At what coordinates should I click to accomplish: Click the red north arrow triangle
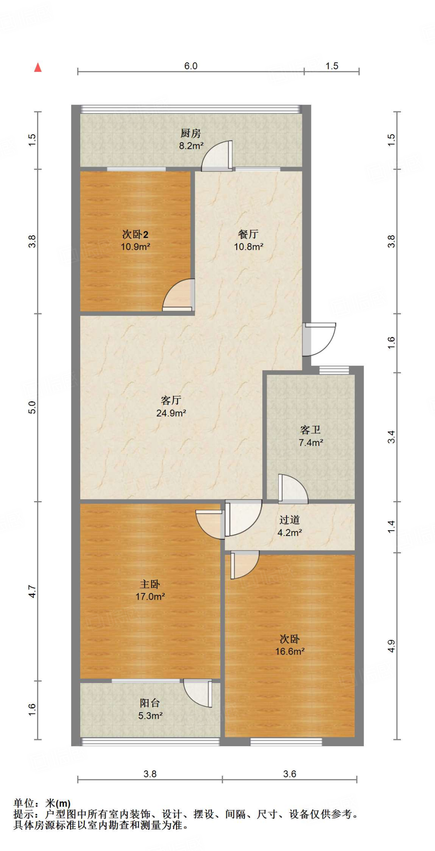pos(38,67)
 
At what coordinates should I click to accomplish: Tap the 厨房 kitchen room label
pos(190,133)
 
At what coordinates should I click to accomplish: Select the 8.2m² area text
pos(191,146)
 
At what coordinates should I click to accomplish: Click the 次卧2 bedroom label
pos(135,234)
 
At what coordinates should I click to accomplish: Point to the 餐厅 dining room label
pos(248,234)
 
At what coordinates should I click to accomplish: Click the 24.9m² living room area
pos(171,413)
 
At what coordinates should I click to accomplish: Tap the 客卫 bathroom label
pos(310,430)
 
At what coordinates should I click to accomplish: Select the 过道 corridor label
pos(289,520)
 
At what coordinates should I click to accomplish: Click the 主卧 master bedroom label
pos(150,584)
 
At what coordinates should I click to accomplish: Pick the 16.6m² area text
pos(289,652)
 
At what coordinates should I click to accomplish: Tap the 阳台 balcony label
pos(150,703)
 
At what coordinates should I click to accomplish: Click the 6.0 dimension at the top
pos(190,66)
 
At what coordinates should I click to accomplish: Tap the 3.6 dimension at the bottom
pos(289,774)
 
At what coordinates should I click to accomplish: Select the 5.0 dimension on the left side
pos(32,407)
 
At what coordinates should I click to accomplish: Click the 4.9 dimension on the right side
pos(391,646)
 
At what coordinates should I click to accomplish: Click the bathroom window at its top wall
pos(334,370)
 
